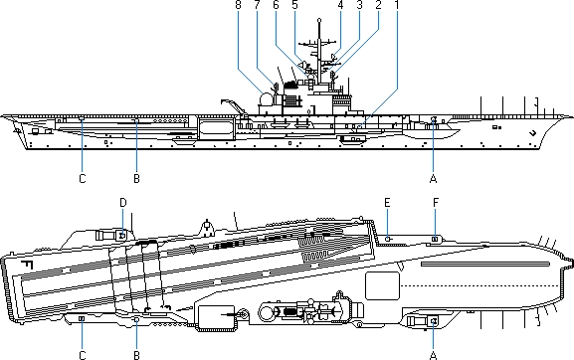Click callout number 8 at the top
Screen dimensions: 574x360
click(x=239, y=4)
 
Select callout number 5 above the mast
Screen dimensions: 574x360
click(x=295, y=4)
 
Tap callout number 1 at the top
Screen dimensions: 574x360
click(x=397, y=4)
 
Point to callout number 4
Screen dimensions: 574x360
click(x=341, y=4)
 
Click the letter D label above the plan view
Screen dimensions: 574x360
click(x=123, y=202)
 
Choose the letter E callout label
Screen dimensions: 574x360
click(x=387, y=202)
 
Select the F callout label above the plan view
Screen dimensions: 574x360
click(x=436, y=202)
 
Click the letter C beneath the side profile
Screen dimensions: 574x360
click(x=83, y=179)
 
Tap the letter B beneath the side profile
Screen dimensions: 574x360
click(x=136, y=179)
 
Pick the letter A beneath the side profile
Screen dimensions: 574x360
click(x=433, y=179)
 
